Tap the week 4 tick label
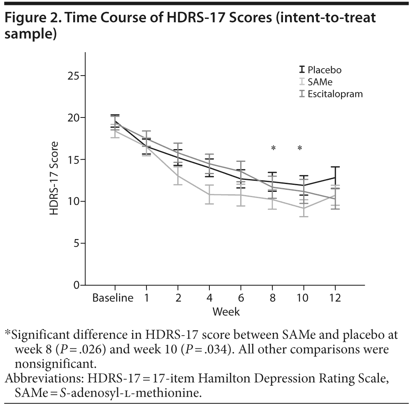[x=209, y=298]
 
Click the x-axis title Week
[x=226, y=312]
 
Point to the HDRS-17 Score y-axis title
[x=54, y=179]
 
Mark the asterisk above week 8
[x=272, y=148]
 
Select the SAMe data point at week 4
[x=209, y=194]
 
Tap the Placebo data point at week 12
[x=335, y=177]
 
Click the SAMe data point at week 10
[x=304, y=208]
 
